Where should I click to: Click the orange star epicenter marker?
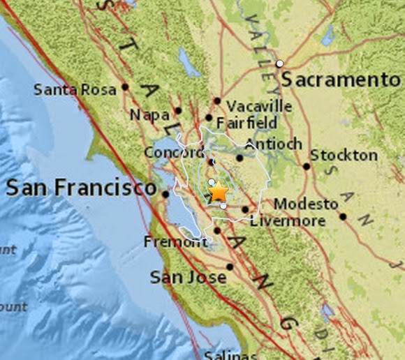219,190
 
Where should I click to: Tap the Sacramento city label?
341,80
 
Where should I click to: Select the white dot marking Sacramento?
279,63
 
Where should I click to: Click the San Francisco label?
81,188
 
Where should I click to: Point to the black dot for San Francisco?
165,195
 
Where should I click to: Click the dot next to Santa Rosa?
125,87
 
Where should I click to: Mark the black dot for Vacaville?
217,101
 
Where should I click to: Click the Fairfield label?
246,123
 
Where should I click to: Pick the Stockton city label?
344,155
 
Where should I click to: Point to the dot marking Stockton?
307,166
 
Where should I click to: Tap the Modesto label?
306,204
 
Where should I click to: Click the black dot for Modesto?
343,216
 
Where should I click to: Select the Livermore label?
288,221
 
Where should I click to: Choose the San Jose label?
189,278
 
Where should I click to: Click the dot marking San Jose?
230,267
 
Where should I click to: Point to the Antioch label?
274,144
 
